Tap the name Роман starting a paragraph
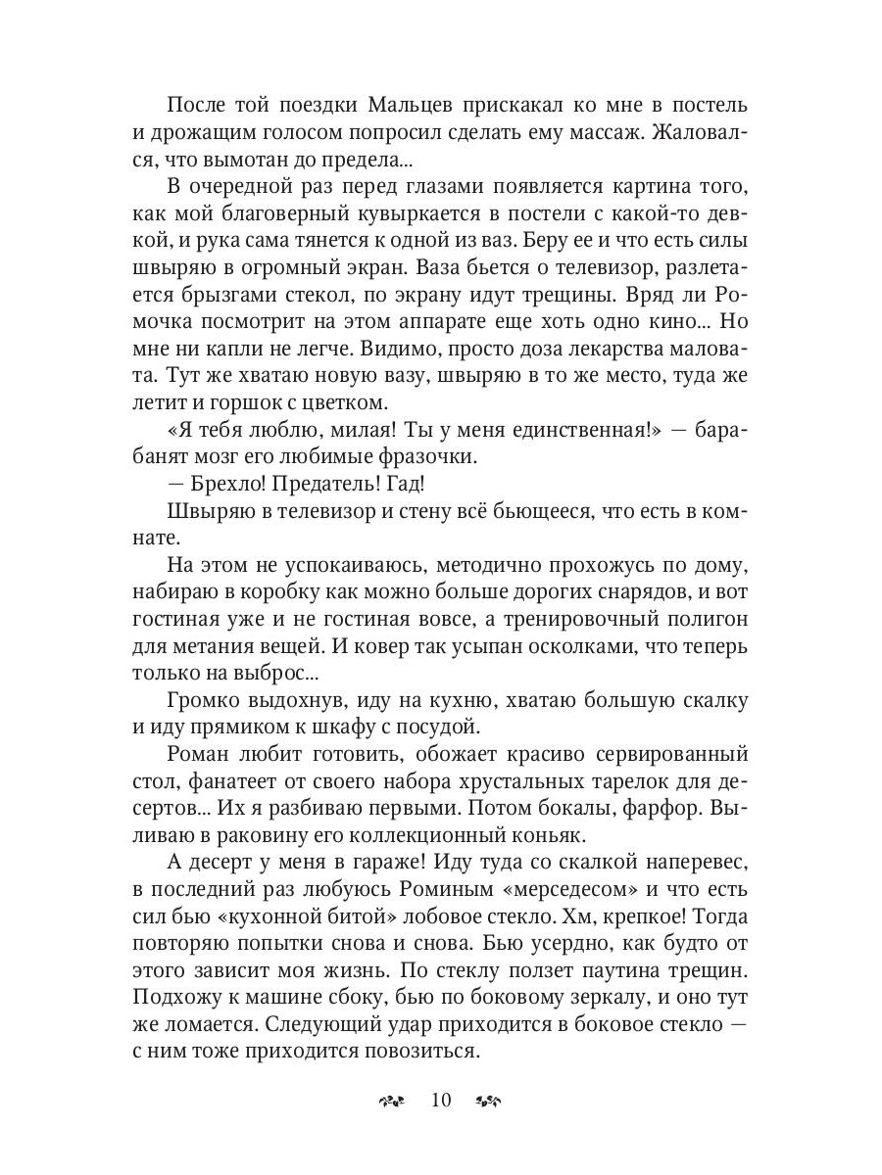tap(201, 755)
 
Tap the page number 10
tap(439, 1100)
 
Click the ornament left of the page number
tap(391, 1101)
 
